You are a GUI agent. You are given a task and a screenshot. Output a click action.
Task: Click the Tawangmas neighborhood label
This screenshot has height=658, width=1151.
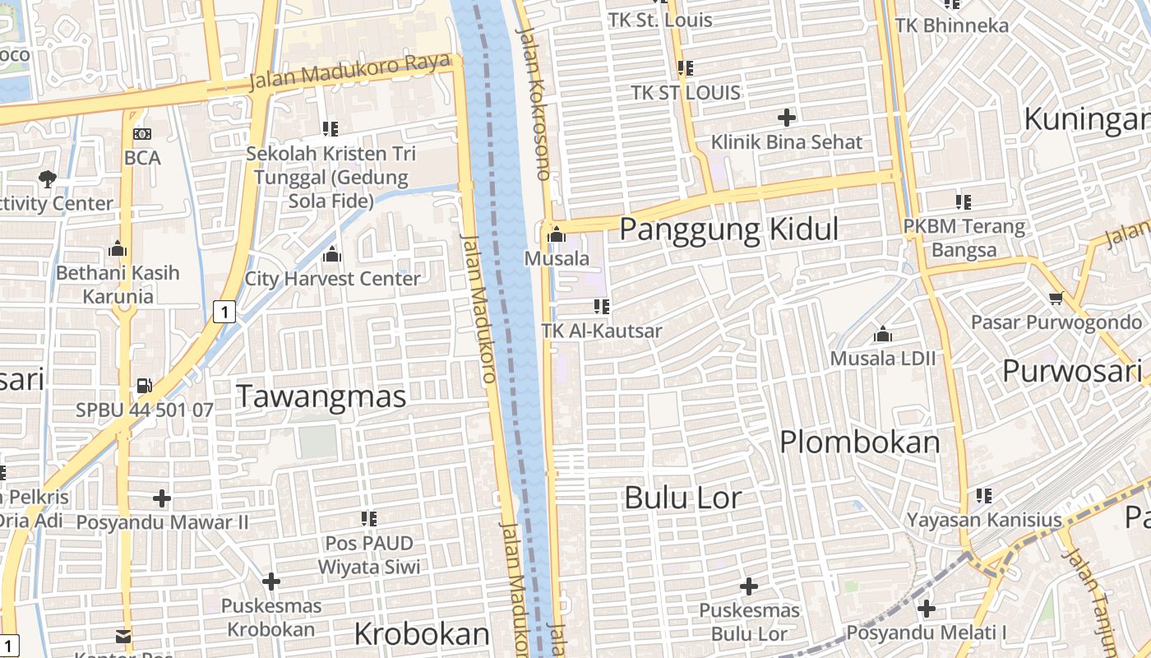coord(321,396)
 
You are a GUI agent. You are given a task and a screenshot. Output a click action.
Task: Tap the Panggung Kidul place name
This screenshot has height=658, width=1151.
coord(728,229)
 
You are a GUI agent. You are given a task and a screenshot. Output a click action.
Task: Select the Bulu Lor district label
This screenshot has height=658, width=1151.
coord(682,498)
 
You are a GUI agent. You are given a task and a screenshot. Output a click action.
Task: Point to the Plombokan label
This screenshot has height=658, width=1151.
coord(859,443)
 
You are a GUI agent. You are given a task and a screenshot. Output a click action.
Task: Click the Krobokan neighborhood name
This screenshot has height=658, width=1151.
coord(422,634)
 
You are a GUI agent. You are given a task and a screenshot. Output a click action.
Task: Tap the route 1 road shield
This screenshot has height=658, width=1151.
coord(224,312)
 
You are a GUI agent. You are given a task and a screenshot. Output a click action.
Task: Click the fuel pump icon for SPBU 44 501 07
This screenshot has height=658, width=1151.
coord(144,385)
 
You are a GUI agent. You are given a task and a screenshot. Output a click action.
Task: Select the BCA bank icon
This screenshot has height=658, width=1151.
coord(142,134)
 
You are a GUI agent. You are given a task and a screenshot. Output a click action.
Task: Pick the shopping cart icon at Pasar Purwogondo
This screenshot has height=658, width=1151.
coord(1056,297)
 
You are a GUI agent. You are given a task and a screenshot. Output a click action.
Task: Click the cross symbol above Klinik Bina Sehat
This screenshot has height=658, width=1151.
coord(787,118)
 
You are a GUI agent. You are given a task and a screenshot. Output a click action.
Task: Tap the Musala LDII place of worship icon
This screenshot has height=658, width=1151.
coord(883,334)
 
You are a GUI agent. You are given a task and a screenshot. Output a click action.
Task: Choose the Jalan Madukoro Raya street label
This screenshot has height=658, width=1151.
coord(350,72)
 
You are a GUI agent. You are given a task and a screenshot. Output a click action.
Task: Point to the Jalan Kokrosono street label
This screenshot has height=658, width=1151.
coord(534,103)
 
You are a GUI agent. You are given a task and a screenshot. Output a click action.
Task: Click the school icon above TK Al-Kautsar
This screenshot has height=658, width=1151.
coord(602,307)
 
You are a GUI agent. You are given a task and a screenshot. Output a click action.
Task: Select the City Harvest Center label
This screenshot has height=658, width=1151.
coord(332,279)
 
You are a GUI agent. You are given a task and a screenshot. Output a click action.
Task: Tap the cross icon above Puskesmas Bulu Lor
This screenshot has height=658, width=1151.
coord(748,586)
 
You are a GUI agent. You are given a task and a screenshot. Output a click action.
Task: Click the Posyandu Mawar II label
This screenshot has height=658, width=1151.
coord(162,522)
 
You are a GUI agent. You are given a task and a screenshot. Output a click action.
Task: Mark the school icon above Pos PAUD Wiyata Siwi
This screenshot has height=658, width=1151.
coord(369,519)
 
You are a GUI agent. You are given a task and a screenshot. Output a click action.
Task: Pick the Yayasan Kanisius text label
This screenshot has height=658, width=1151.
coord(984,520)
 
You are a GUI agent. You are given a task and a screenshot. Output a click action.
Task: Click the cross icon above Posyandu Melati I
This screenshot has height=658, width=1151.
coord(927,609)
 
